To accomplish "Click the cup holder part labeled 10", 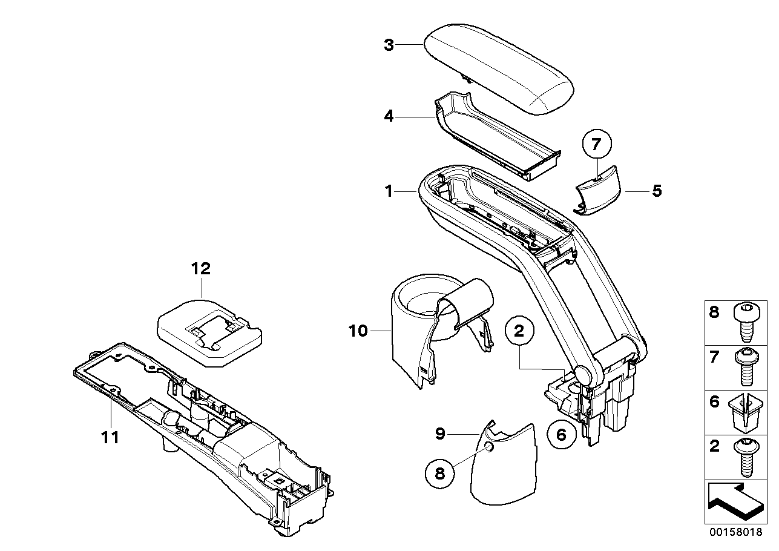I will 418,339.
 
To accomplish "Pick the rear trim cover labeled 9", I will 502,466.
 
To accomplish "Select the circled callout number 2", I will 519,332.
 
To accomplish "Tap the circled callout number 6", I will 560,434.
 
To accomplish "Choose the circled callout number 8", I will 440,473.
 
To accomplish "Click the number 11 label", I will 110,437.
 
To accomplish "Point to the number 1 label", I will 389,192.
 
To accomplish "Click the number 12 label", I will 201,268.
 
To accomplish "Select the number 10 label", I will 358,331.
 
